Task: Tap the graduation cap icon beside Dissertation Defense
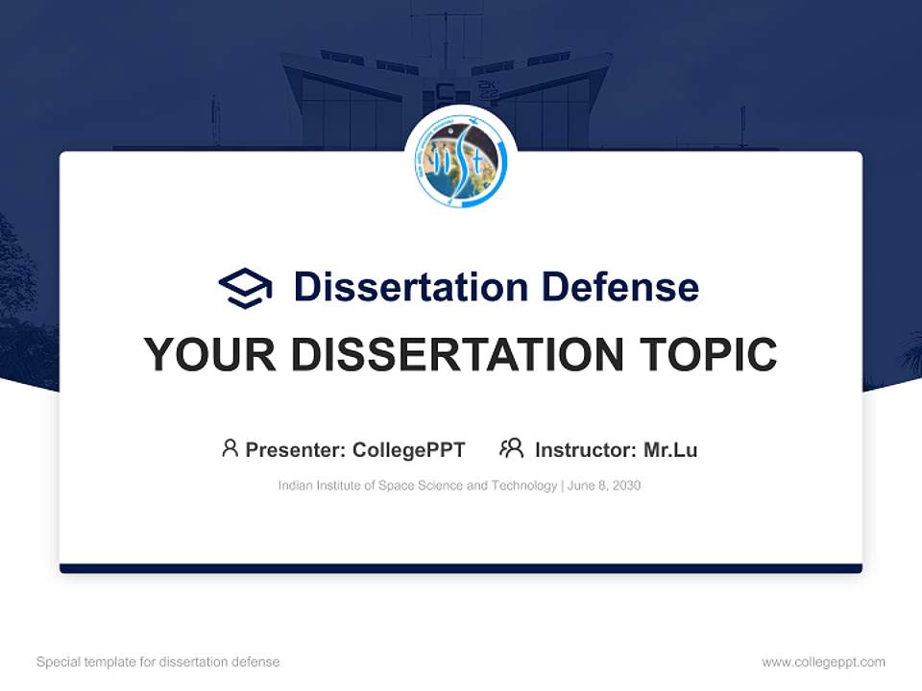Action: click(x=245, y=287)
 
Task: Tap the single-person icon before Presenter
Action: click(x=230, y=448)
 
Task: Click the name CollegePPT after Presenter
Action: click(x=409, y=449)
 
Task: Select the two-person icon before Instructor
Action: click(x=511, y=448)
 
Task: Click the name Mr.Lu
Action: click(x=670, y=449)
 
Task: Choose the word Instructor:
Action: click(x=585, y=449)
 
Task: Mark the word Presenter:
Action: click(x=296, y=449)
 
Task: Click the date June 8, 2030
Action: click(x=604, y=486)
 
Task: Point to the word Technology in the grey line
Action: click(x=523, y=486)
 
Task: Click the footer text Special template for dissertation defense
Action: click(x=158, y=662)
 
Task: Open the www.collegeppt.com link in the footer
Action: click(x=823, y=662)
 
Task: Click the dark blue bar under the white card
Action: click(x=461, y=568)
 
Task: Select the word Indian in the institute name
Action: click(x=294, y=486)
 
